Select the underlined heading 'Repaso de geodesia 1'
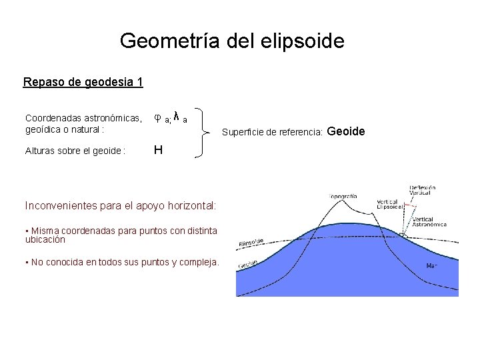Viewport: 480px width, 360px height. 83,83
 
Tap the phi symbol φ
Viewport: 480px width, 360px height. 157,117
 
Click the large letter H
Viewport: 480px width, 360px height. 158,150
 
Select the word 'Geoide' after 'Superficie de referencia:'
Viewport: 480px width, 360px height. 346,131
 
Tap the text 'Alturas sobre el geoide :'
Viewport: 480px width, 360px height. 75,151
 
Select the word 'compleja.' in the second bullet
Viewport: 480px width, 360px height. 197,262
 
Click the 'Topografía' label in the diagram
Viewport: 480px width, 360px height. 344,197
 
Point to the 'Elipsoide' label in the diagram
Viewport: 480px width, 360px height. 251,242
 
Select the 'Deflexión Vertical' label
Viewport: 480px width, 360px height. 423,191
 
